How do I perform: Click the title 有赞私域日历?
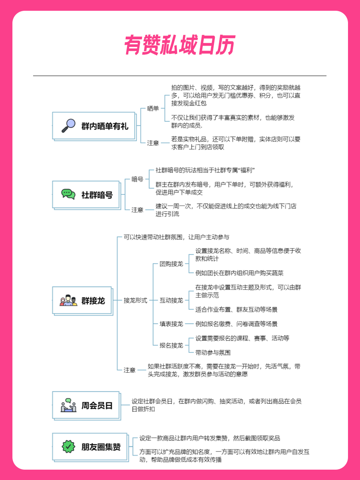[180, 45]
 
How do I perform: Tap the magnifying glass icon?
[68, 125]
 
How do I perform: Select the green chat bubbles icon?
[68, 194]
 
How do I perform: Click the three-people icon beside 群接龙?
[69, 300]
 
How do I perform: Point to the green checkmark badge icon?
[68, 446]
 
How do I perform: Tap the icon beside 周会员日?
[69, 405]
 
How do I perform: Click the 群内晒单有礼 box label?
[105, 126]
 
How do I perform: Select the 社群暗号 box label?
[97, 195]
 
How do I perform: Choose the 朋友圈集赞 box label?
[101, 447]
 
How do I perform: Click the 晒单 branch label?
[153, 109]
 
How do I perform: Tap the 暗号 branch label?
[137, 179]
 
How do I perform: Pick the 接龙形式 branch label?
[135, 300]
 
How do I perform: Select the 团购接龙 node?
[171, 264]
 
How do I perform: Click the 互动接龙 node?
[171, 300]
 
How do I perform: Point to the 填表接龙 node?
[171, 324]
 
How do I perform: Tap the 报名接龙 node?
[171, 345]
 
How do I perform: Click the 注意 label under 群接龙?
[130, 370]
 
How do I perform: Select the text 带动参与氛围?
[213, 353]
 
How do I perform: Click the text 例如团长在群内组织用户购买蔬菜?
[240, 273]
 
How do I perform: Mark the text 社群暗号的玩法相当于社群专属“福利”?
[205, 170]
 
